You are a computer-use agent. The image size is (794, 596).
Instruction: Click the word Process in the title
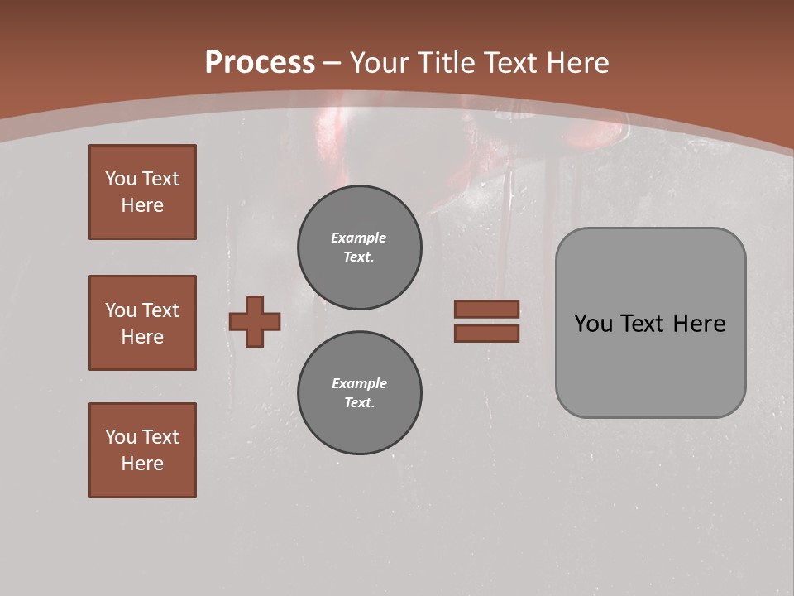[x=260, y=63]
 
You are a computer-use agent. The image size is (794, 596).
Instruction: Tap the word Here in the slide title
[x=576, y=63]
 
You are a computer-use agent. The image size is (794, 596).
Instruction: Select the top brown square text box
[x=142, y=192]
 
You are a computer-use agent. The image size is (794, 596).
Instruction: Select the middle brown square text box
[x=142, y=323]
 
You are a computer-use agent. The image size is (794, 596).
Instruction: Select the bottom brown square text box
[x=142, y=449]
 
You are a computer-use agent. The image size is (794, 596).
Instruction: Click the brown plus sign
[x=255, y=321]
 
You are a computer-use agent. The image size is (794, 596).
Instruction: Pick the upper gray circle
[x=360, y=248]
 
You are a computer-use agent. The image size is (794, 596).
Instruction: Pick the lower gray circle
[x=360, y=393]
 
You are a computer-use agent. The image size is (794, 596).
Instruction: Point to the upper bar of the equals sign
[x=486, y=309]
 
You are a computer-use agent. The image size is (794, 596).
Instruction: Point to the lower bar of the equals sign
[x=486, y=334]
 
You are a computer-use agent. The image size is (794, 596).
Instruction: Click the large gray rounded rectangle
[x=650, y=364]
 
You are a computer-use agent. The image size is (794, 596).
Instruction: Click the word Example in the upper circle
[x=359, y=238]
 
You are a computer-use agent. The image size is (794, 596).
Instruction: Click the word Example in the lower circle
[x=359, y=383]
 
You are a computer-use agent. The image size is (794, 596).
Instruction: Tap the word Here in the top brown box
[x=142, y=205]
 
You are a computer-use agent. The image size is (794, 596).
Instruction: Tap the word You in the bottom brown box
[x=121, y=437]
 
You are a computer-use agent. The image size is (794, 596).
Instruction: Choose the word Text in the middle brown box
[x=160, y=310]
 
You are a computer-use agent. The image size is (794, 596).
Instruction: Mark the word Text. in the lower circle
[x=359, y=402]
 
